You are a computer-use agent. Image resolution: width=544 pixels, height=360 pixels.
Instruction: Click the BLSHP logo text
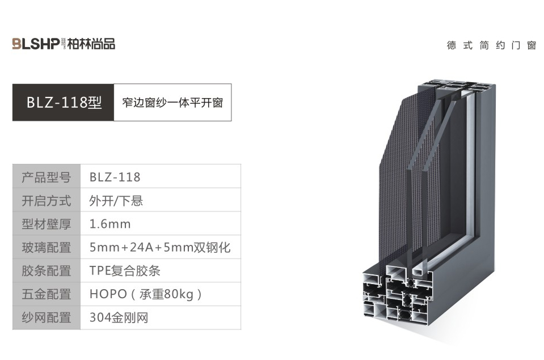pos(36,44)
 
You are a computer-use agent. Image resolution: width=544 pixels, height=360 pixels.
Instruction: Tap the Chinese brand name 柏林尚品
pos(91,44)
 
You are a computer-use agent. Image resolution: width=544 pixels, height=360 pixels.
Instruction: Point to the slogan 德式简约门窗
pos(491,45)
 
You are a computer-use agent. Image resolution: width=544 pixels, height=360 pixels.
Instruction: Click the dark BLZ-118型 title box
pos(63,102)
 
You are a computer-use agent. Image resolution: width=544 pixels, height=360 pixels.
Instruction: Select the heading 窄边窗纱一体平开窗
pos(172,103)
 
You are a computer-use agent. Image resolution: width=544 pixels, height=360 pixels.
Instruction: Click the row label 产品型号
pos(47,177)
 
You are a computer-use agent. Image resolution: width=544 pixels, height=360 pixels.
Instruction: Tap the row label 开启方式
pos(47,201)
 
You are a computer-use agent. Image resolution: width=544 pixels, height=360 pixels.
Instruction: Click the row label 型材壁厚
pos(47,224)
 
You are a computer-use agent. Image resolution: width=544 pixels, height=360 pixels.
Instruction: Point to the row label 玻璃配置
pos(47,248)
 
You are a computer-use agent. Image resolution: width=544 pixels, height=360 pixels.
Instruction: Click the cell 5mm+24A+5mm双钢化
pos(160,248)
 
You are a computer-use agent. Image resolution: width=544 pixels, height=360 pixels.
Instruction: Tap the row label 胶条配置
pos(47,271)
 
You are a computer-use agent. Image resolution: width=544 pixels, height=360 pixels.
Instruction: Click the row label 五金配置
pos(47,294)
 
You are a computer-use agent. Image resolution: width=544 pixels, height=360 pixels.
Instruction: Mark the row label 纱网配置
pos(47,317)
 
